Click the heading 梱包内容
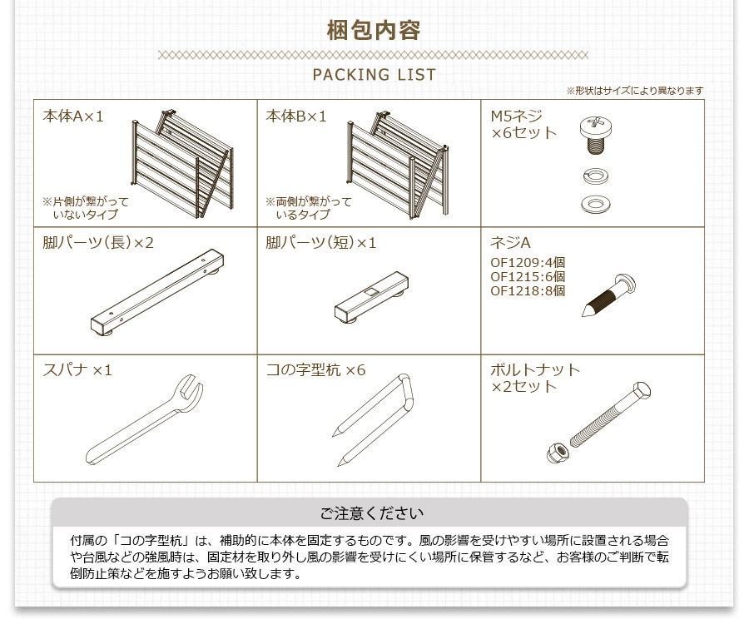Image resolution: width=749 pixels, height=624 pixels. coord(374,31)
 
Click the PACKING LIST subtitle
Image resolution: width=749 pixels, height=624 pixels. coord(374,75)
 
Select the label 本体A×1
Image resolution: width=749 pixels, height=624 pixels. coord(73,116)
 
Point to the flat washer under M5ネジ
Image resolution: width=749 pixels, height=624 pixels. coord(597,203)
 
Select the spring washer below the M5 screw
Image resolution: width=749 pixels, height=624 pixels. coord(597,176)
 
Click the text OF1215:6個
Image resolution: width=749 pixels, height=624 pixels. coord(528,276)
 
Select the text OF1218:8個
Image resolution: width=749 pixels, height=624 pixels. coord(528,290)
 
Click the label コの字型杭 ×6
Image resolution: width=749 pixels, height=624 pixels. coord(315,369)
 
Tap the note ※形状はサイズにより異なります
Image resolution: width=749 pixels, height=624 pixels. coord(634,91)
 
